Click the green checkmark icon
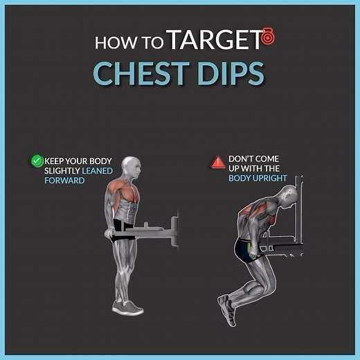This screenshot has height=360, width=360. (x=37, y=161)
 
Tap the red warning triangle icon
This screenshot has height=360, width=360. (x=217, y=163)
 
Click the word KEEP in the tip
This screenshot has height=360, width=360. (x=55, y=161)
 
